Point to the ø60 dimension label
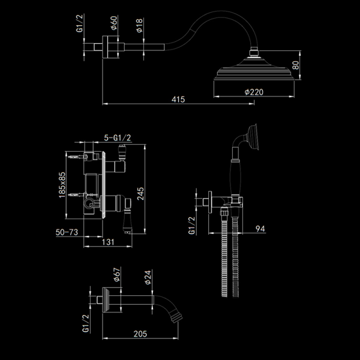coord(113,25)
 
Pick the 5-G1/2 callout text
coord(117,137)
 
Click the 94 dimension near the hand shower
coord(259,227)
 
